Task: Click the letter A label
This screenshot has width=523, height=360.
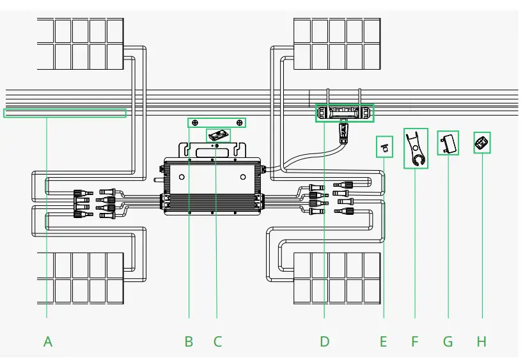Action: (x=48, y=341)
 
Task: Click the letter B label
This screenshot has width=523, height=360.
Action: (x=189, y=341)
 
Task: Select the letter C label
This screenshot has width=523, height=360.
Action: (x=217, y=341)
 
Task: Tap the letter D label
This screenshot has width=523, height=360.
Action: (x=325, y=341)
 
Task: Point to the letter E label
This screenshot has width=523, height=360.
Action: (x=383, y=341)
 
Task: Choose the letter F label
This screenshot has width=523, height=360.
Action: (x=414, y=341)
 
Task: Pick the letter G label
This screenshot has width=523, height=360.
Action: (x=448, y=341)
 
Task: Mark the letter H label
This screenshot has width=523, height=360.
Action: (x=481, y=341)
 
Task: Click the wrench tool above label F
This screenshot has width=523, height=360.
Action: (x=416, y=148)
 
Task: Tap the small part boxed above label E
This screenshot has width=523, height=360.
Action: (x=384, y=146)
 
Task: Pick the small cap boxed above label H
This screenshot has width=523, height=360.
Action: (x=481, y=143)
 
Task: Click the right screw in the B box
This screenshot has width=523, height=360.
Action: (x=239, y=122)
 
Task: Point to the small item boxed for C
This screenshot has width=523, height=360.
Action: (x=218, y=136)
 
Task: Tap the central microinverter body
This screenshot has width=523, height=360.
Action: (x=212, y=186)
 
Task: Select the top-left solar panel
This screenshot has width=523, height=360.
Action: (x=80, y=44)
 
